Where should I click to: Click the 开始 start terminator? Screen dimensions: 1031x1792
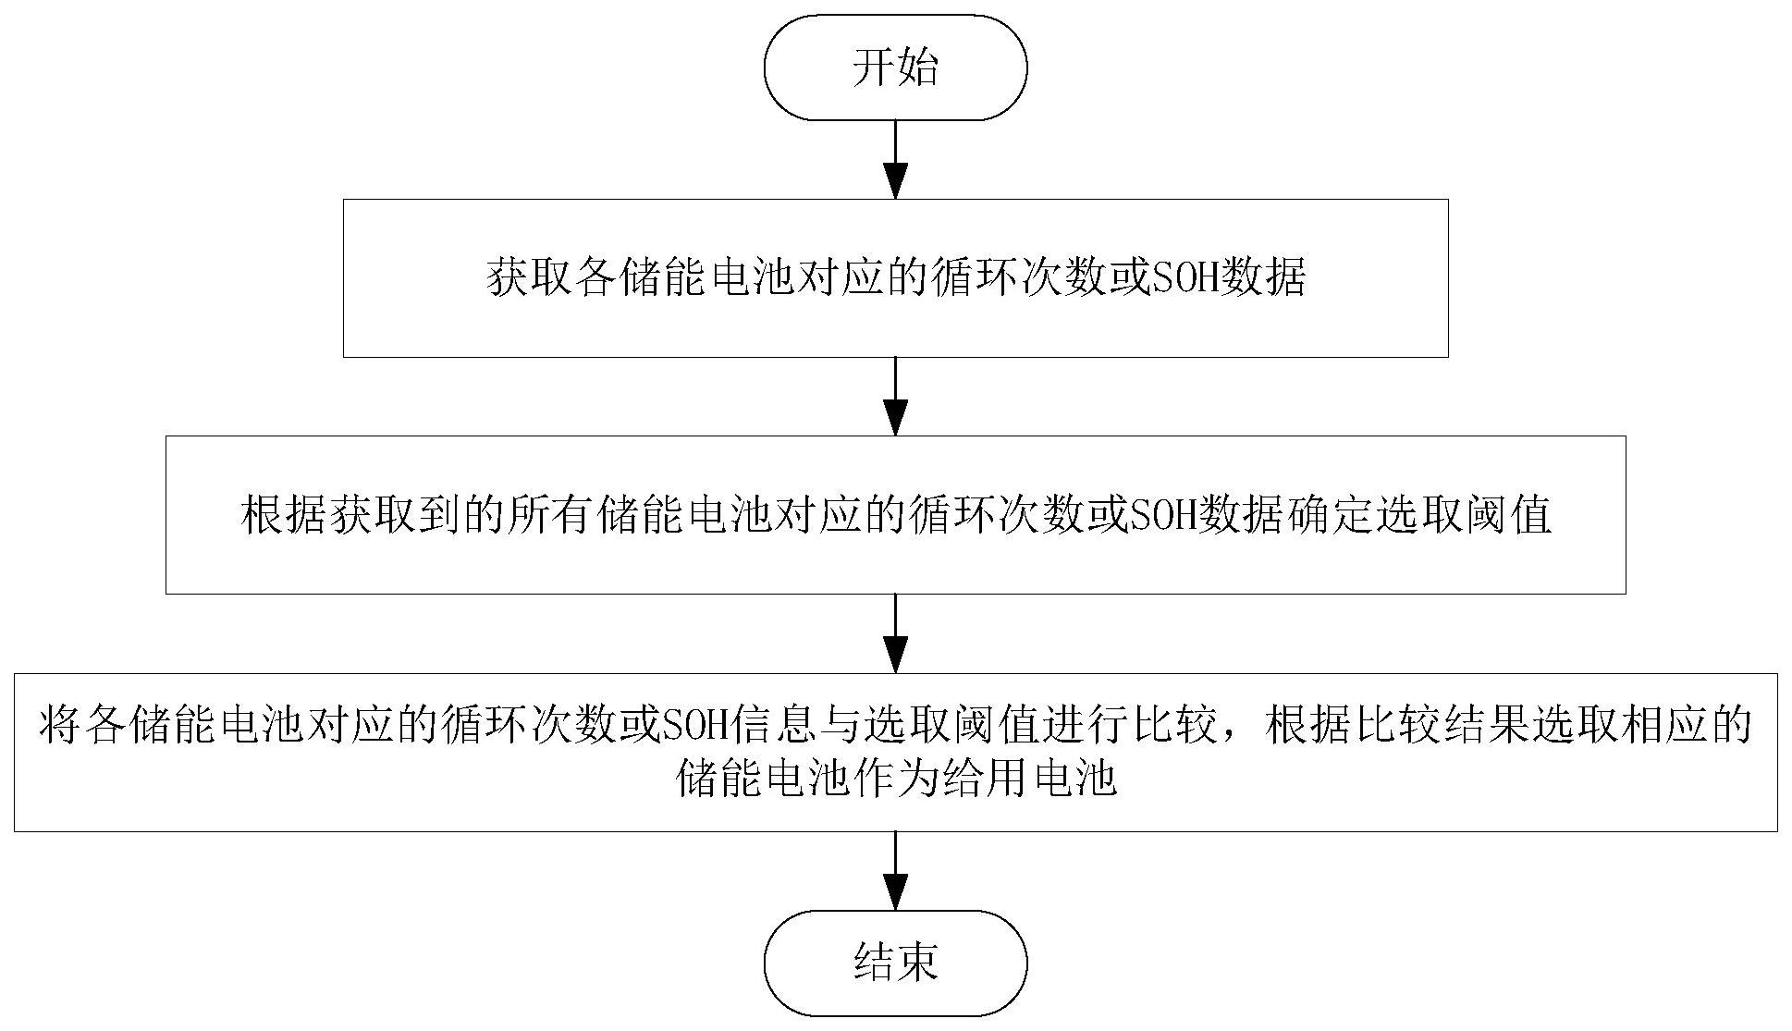[895, 68]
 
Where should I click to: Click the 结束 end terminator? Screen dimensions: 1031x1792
[895, 963]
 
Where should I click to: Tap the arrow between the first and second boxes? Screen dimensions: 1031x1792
[895, 396]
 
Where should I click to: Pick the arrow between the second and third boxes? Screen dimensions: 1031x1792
[895, 633]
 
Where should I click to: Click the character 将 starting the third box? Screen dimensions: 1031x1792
[59, 726]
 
